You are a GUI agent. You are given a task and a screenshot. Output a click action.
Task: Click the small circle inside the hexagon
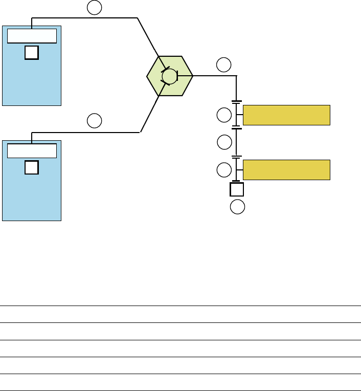click(169, 76)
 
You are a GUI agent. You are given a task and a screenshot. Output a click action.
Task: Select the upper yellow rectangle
click(286, 115)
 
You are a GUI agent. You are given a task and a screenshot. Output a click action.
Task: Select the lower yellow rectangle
click(286, 169)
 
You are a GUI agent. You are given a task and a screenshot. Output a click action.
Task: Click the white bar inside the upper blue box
click(32, 36)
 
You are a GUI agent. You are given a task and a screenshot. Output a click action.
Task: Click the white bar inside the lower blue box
click(32, 150)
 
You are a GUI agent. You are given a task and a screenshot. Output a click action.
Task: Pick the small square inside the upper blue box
click(32, 52)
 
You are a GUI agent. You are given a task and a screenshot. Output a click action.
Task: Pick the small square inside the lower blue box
click(32, 167)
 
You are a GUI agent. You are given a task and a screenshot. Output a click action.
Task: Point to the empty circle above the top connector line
click(94, 7)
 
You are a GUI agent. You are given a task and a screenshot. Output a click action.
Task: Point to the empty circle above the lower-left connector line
click(94, 121)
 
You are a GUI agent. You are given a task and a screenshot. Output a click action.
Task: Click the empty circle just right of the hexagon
click(223, 65)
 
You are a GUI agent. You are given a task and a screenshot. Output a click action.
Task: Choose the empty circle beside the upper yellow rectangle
click(224, 115)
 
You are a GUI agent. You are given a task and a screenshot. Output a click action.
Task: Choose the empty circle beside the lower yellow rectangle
click(224, 169)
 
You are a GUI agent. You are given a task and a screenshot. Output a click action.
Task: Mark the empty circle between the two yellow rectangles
click(224, 142)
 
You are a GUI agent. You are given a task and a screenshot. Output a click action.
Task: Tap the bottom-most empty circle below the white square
click(237, 207)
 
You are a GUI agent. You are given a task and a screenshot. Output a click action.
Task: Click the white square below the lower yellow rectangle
click(237, 189)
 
